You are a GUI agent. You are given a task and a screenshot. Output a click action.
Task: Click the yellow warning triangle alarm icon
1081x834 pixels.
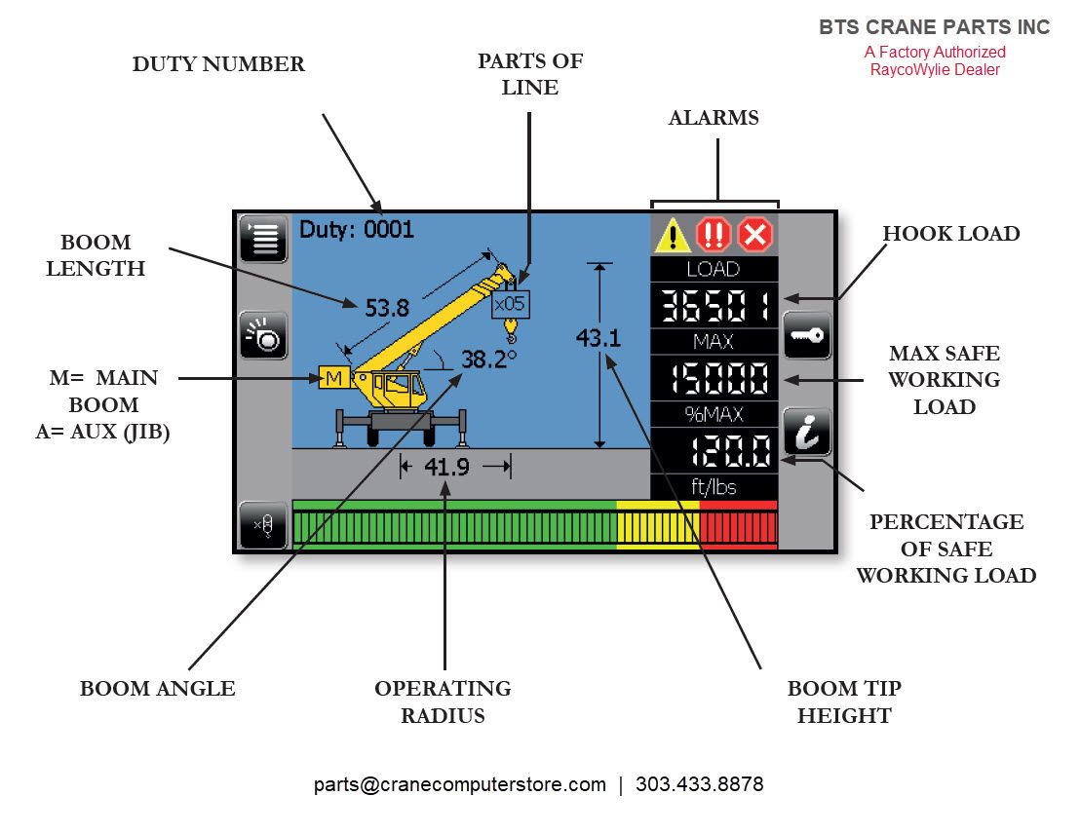673,235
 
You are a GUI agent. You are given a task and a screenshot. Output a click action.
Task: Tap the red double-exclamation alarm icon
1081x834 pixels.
714,235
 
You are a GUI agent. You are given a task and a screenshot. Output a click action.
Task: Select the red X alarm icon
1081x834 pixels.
755,235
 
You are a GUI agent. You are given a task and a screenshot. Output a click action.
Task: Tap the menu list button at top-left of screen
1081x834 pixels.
264,239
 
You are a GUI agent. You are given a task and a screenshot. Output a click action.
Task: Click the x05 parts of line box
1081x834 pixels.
510,304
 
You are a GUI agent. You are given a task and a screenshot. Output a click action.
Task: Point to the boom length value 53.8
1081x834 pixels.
386,309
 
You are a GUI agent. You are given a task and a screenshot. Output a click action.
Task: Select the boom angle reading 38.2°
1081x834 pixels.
487,360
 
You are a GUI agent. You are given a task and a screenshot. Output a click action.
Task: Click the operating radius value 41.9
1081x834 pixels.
447,467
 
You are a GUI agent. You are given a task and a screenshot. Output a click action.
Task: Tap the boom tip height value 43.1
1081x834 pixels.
598,338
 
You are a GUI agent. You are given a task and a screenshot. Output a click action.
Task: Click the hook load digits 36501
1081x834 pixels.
714,307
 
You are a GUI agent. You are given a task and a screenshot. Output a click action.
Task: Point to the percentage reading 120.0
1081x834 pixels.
729,450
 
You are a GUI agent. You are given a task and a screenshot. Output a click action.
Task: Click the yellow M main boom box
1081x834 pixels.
333,378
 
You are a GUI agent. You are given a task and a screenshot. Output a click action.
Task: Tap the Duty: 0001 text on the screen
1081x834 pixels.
357,229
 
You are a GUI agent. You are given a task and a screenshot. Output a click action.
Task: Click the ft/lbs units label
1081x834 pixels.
714,487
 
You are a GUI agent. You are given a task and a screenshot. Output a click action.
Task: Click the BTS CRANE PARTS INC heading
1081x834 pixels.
934,28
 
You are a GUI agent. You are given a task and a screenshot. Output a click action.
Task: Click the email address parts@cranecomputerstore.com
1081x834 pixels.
460,784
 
